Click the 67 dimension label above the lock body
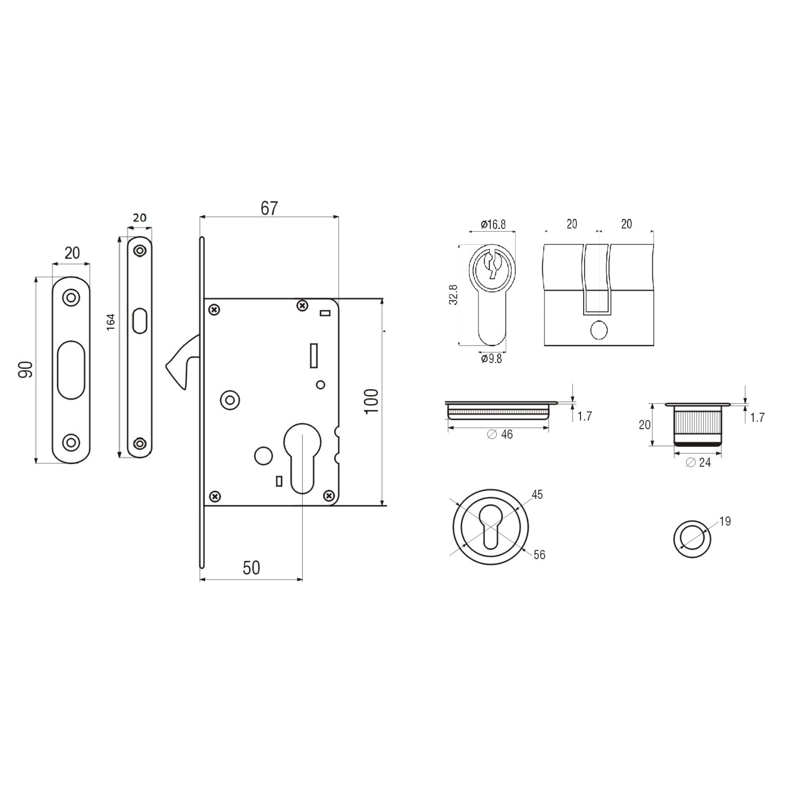269,208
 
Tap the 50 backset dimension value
251,568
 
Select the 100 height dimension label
371,402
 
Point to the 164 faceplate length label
111,322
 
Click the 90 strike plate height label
26,369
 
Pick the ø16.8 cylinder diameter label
493,224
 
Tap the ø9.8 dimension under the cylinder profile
491,359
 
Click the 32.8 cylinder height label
453,295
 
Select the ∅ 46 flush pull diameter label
500,434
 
